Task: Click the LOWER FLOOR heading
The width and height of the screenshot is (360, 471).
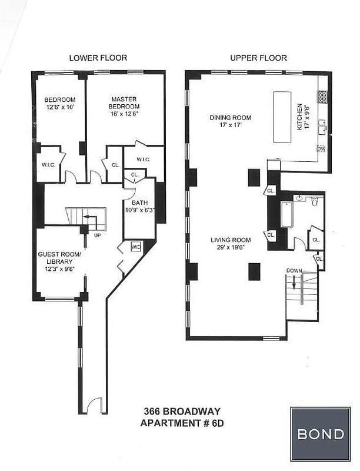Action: click(x=98, y=58)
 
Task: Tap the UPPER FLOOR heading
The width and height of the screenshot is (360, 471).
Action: click(x=259, y=58)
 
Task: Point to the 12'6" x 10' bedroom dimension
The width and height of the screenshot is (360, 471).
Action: click(x=61, y=107)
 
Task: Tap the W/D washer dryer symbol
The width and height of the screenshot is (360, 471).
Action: click(x=135, y=247)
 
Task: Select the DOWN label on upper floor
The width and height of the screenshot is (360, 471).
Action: click(x=295, y=270)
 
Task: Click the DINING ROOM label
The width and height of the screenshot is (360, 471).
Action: click(x=226, y=121)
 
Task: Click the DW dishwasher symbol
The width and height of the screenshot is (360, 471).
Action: click(x=321, y=149)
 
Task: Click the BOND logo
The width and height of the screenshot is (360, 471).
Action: click(x=321, y=434)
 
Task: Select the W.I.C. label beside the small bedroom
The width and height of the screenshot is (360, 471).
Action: click(x=48, y=164)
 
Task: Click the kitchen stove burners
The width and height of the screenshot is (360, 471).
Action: click(x=322, y=95)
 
